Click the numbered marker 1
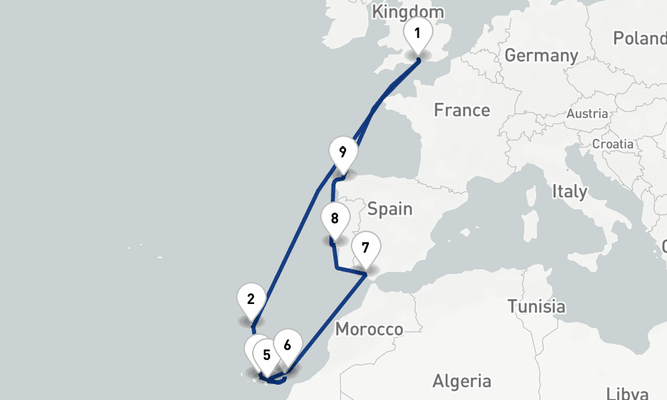[x=418, y=33]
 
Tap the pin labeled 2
[x=251, y=299]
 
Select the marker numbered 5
[x=266, y=355]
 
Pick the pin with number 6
[x=287, y=345]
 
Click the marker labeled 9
[x=342, y=152]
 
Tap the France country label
[x=462, y=110]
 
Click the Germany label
[x=541, y=55]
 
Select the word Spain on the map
[x=390, y=209]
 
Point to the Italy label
[x=569, y=192]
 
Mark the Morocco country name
[x=369, y=329]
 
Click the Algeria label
[x=462, y=381]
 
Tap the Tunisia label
[x=536, y=307]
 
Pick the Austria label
[x=587, y=114]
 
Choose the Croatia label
[x=612, y=143]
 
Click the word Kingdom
[x=408, y=12]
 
